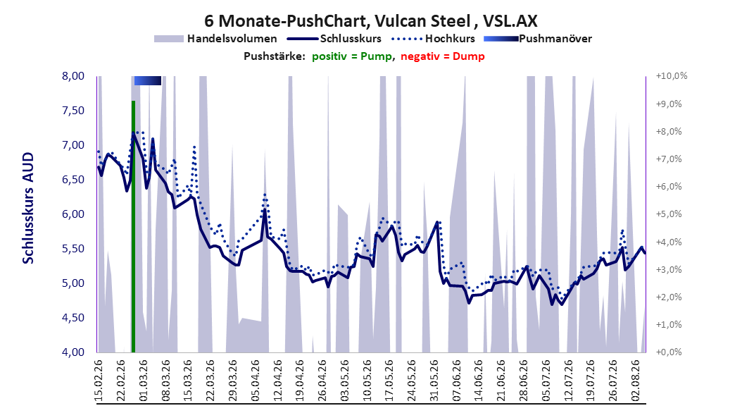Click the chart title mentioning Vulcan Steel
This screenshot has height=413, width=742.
click(370, 21)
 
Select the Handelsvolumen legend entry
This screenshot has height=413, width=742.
click(215, 39)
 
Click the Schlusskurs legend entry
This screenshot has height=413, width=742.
click(334, 39)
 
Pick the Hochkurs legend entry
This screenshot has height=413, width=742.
click(433, 39)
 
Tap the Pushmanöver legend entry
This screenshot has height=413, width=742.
click(538, 39)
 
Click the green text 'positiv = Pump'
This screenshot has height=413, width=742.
click(352, 56)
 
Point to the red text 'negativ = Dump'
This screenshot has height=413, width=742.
click(443, 56)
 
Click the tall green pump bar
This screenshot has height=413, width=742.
click(134, 226)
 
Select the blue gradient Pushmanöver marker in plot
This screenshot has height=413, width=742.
click(148, 80)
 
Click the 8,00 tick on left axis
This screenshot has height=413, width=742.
click(73, 76)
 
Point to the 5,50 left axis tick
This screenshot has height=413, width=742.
click(73, 249)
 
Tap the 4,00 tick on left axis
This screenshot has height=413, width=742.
click(73, 352)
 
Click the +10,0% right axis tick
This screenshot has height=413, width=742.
click(672, 76)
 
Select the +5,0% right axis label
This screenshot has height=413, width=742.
click(669, 214)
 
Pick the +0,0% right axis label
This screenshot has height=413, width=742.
click(669, 352)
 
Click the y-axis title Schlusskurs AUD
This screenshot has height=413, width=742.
click(28, 208)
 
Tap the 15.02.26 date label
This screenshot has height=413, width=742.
click(99, 381)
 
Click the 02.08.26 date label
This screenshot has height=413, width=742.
click(636, 381)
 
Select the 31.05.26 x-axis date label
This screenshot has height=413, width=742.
click(434, 381)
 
